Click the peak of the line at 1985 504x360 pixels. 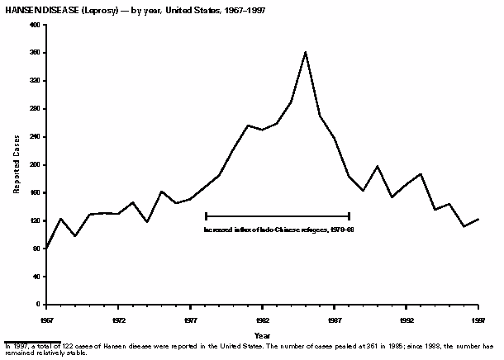306,52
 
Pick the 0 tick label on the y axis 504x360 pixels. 39,305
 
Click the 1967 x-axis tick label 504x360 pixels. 47,319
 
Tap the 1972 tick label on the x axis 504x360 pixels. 119,319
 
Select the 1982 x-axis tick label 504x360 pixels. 263,319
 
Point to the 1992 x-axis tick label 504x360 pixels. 407,319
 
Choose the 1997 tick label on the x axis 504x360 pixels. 478,319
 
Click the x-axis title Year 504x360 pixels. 262,335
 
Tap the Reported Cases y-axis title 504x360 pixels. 17,165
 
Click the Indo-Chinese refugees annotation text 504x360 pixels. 278,229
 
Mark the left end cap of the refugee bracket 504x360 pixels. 206,216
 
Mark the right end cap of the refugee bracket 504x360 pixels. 349,216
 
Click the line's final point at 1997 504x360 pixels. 478,219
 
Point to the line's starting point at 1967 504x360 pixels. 47,247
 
